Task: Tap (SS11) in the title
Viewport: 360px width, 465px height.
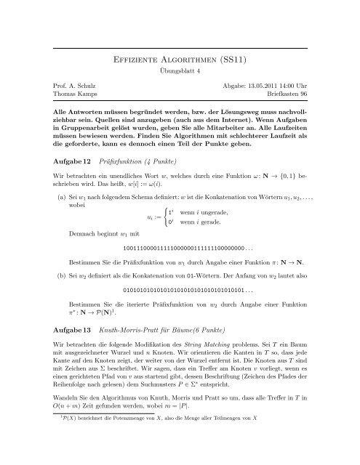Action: point(242,61)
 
